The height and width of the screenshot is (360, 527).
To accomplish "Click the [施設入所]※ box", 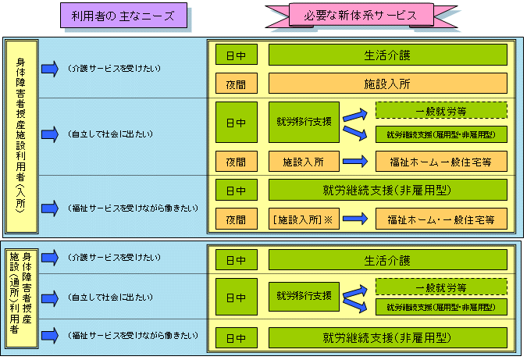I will [302, 219].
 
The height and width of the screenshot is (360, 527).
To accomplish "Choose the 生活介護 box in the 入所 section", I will [388, 55].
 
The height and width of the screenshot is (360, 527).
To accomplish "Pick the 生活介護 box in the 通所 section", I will [388, 260].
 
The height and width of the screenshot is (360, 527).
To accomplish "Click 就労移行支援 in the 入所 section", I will [304, 123].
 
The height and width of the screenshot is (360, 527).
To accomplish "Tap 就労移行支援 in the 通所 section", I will [304, 297].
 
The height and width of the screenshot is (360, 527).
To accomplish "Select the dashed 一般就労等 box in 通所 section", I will [441, 287].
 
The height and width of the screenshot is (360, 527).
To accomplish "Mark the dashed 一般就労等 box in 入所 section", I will [441, 112].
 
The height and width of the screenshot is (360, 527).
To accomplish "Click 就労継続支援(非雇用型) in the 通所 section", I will [388, 338].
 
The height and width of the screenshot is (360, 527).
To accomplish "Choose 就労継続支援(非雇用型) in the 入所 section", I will [388, 190].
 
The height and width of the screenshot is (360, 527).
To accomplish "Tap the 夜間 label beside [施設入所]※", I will [236, 219].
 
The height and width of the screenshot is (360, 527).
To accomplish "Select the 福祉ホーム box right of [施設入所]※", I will [441, 219].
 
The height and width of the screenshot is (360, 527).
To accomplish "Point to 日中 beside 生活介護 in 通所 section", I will [236, 260].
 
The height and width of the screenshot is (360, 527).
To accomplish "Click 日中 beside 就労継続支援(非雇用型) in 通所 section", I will [236, 338].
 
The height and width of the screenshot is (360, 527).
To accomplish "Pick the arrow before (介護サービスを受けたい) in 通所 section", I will [49, 257].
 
